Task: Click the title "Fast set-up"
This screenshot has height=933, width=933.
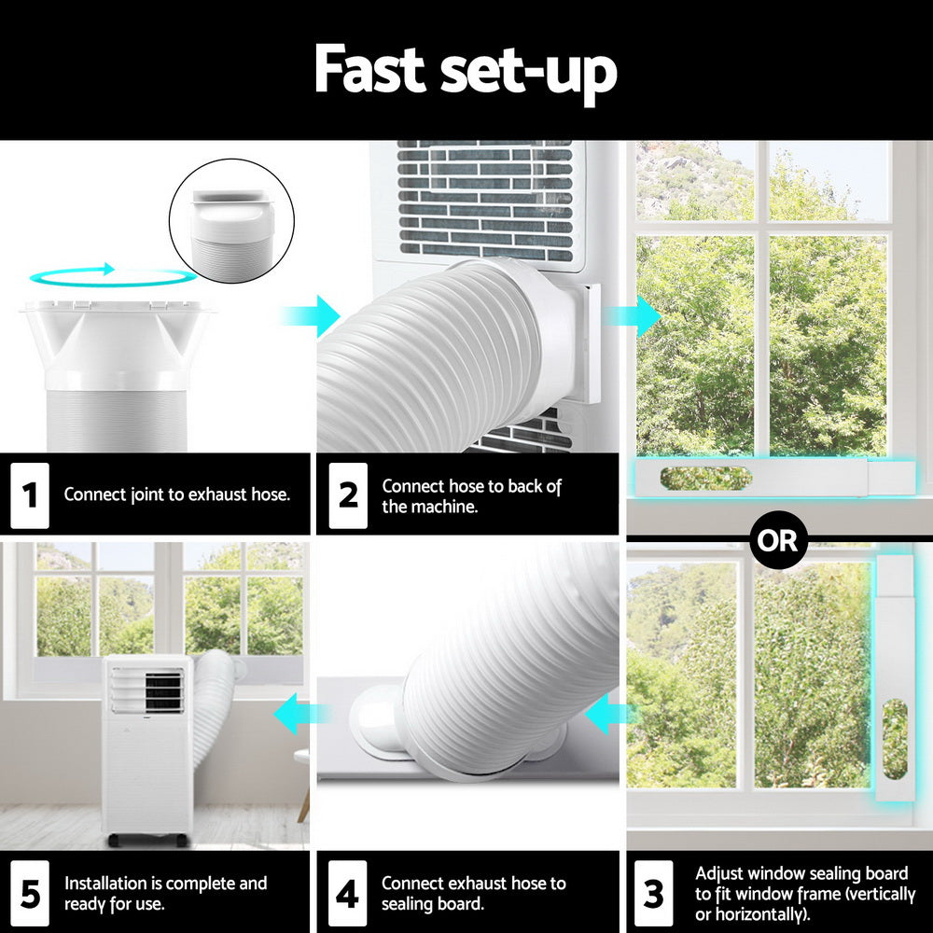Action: [465, 70]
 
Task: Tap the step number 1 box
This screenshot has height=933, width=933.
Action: [30, 494]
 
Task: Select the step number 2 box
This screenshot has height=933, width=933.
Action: [348, 494]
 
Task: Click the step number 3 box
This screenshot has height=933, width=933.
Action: [654, 893]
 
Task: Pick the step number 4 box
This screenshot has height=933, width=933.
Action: [347, 893]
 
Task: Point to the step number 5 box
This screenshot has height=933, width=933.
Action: [30, 893]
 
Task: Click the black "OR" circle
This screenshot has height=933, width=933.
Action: [777, 539]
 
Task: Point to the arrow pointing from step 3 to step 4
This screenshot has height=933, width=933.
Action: [606, 715]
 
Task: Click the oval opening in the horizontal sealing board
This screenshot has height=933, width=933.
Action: [705, 478]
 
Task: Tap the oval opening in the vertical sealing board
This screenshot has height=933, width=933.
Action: [894, 739]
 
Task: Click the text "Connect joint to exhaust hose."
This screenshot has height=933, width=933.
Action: [177, 494]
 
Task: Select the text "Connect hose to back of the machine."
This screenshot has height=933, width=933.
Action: [472, 496]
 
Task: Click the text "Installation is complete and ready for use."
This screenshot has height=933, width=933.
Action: [166, 893]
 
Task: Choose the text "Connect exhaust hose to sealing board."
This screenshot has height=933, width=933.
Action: [474, 893]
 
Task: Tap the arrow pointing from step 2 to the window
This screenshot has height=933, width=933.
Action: [634, 315]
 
